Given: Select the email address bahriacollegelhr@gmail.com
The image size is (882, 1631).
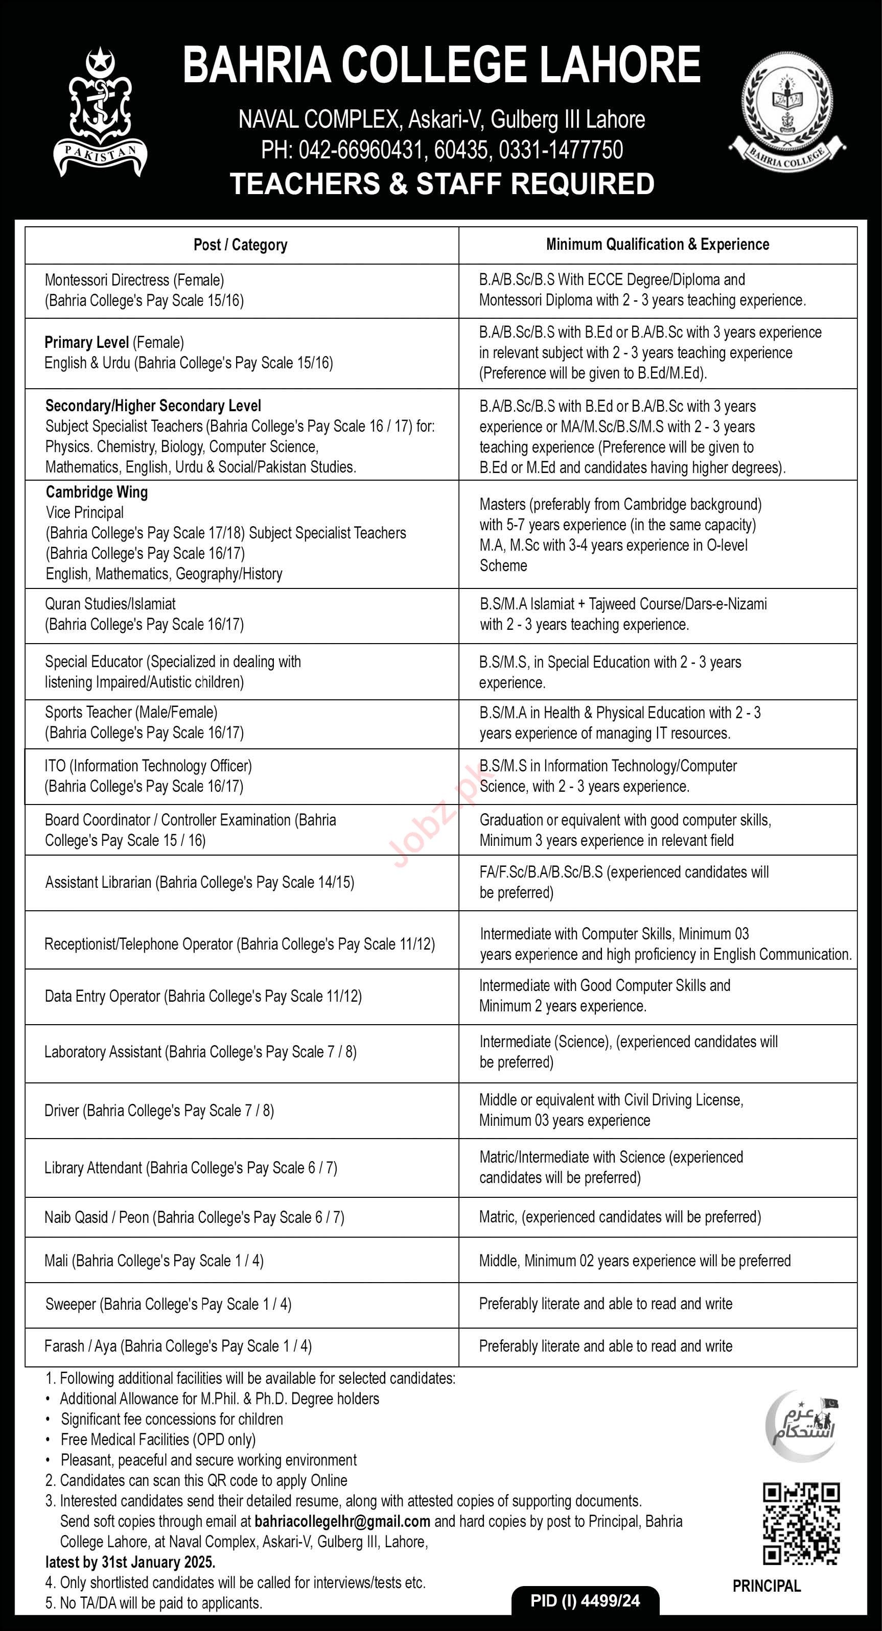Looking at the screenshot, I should click(x=342, y=1522).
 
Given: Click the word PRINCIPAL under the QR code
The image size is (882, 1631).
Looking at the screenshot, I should click(x=767, y=1586).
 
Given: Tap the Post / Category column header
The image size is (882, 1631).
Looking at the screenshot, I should click(x=240, y=245).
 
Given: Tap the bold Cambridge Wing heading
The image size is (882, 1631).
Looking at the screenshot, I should click(x=97, y=492).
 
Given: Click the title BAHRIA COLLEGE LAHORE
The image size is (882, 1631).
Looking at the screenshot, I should click(x=442, y=66).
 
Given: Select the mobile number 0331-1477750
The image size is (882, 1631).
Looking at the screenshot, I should click(x=561, y=150).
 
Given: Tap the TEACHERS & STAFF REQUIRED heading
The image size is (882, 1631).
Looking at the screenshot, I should click(x=442, y=183).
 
